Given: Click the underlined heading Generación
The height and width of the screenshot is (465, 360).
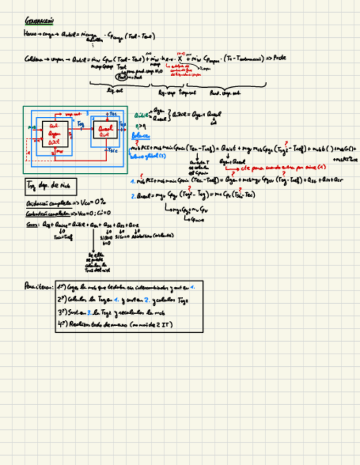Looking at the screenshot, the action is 39,21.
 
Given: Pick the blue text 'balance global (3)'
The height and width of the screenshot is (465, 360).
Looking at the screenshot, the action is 145,155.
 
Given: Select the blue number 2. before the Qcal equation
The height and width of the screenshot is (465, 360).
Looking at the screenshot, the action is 133,195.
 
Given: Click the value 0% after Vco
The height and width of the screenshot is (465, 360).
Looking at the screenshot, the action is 99,202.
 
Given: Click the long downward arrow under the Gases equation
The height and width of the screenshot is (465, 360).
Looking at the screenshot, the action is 92,241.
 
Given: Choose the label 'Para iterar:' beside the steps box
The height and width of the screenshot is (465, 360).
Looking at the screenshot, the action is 38,286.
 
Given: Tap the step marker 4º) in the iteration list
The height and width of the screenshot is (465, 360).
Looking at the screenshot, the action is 63,324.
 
